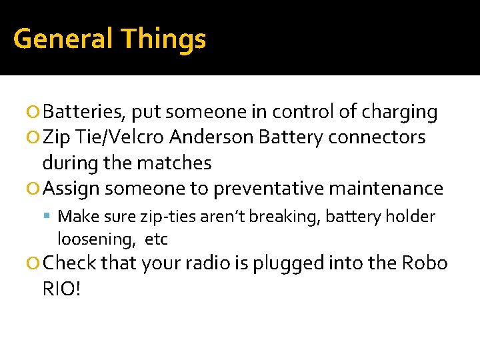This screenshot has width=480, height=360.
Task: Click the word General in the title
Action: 63,39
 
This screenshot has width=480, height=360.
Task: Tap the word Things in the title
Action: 163,39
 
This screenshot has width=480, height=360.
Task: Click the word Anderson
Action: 211,137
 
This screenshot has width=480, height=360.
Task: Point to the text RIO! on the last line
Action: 61,289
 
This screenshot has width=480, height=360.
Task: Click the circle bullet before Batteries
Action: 35,113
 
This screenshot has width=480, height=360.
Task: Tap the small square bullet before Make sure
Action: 51,217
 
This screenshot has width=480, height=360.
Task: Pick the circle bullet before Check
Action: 35,264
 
